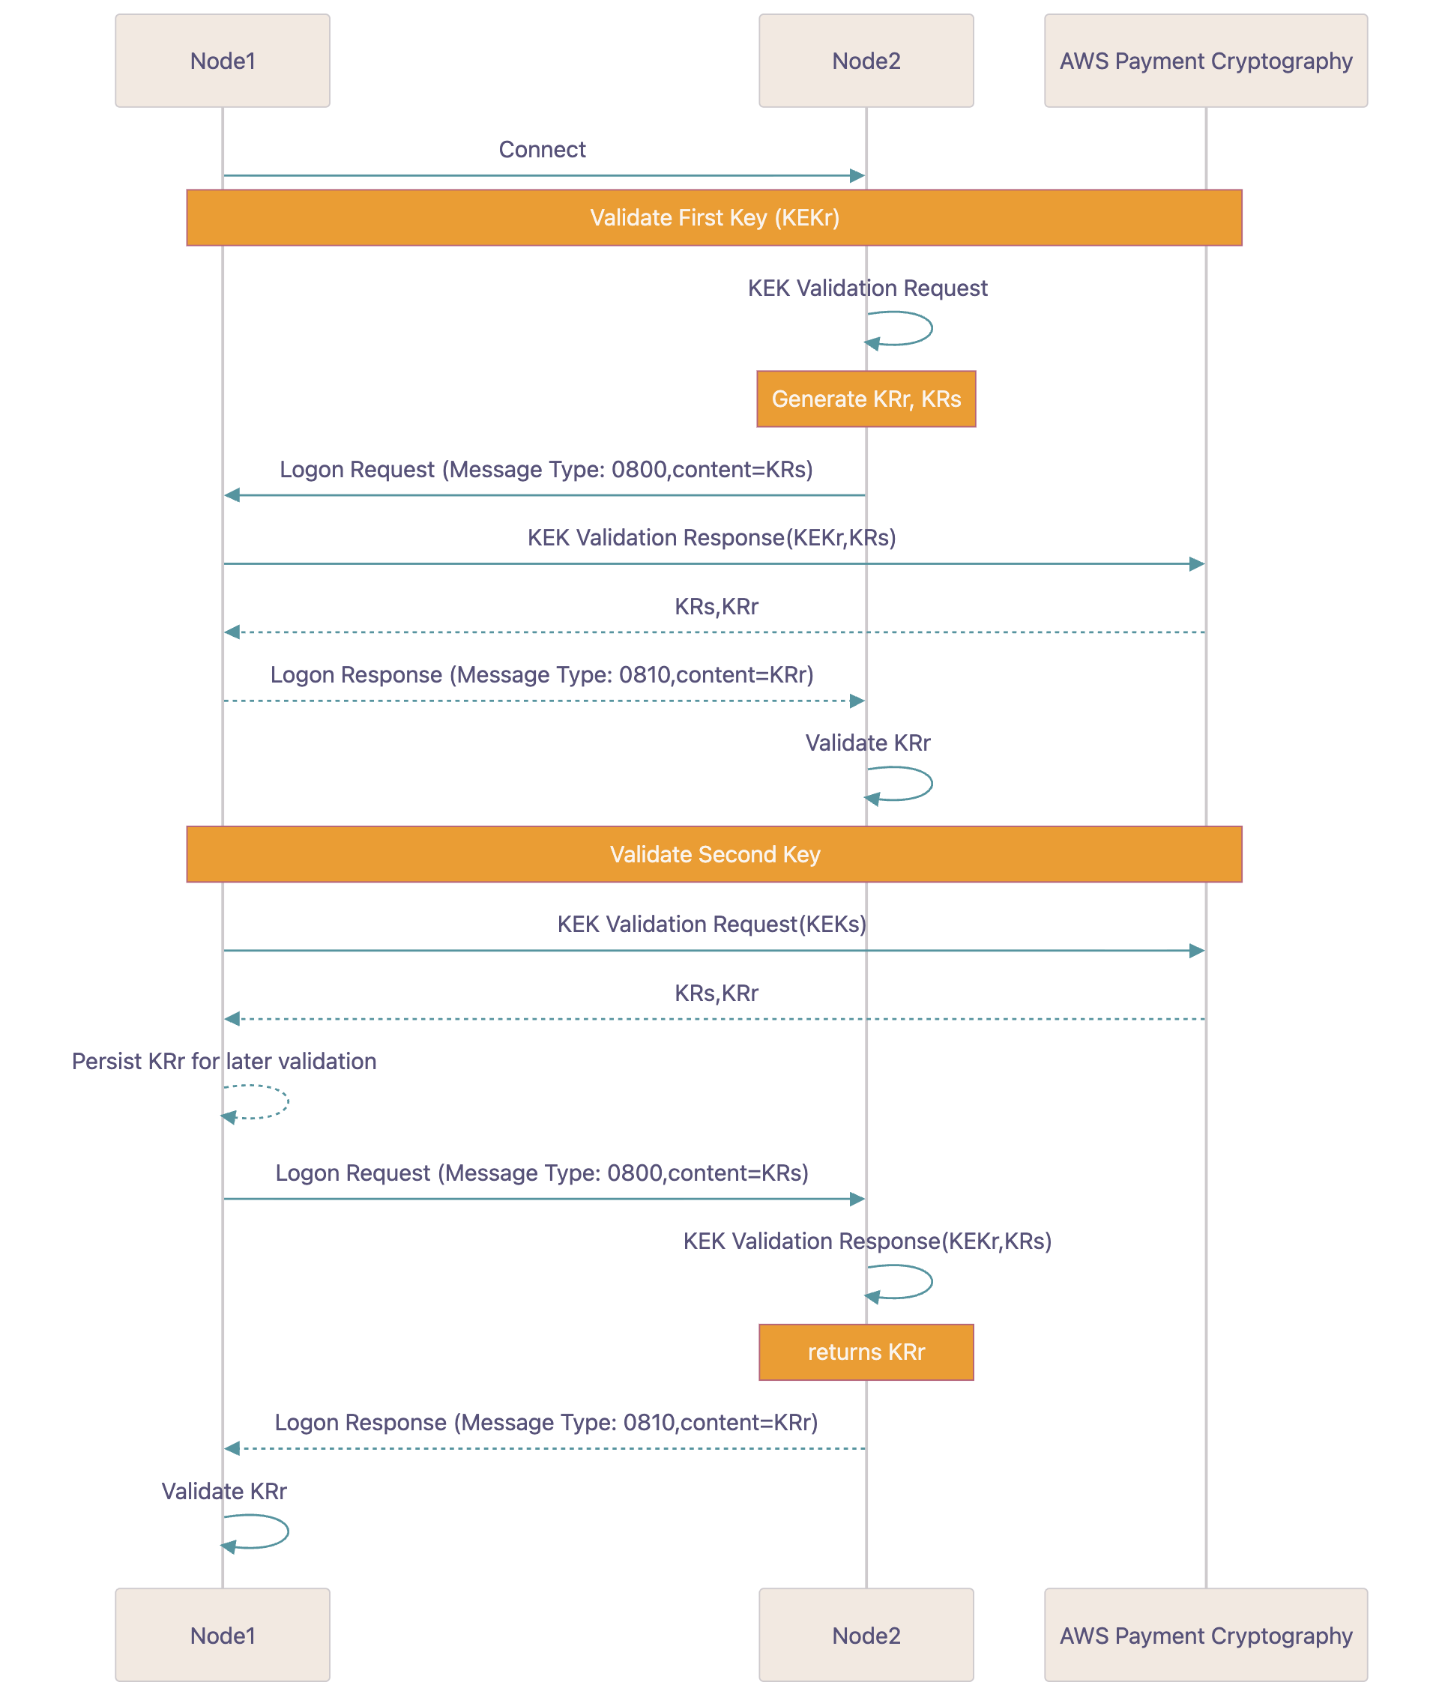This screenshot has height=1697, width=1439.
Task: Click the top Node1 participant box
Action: coord(222,61)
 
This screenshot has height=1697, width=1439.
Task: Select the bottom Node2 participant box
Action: coord(866,1635)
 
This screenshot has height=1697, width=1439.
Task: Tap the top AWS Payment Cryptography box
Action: coord(1205,61)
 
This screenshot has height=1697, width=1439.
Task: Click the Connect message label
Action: coord(542,149)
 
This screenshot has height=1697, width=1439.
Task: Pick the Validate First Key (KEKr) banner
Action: coord(714,218)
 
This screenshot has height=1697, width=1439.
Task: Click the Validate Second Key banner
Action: coord(714,854)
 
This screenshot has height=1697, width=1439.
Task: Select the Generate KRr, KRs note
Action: coord(866,399)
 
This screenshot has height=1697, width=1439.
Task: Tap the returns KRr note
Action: coord(866,1352)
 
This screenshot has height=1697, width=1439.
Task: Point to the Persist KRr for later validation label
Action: coord(223,1061)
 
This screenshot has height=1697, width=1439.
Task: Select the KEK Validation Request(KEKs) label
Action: coord(711,924)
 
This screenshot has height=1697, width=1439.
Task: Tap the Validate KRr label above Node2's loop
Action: coord(867,743)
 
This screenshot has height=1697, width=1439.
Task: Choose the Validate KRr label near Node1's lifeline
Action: coord(223,1491)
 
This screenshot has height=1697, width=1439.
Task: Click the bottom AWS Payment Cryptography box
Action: coord(1205,1635)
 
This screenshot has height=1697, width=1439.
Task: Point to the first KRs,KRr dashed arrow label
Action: coord(717,607)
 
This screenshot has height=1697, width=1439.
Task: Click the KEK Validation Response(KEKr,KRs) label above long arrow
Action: coord(711,537)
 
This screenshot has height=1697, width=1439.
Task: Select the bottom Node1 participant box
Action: coord(222,1635)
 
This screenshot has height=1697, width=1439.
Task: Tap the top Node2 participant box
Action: coord(866,61)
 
